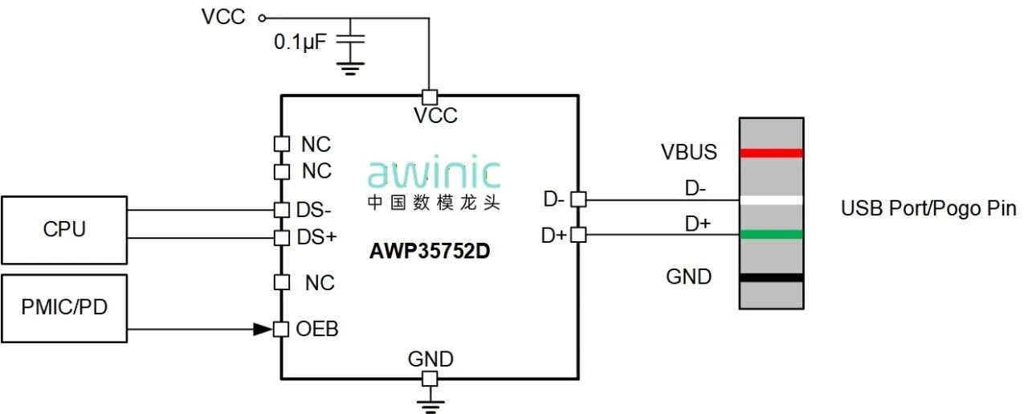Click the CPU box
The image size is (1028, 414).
point(64,230)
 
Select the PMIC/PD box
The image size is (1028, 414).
point(64,309)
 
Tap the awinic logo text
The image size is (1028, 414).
point(434,174)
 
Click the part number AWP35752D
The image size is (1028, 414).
point(430,251)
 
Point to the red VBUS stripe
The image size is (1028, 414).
point(771,153)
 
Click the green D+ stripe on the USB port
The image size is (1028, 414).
point(771,235)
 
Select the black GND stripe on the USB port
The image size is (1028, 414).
point(771,277)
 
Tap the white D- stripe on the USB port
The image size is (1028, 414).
point(771,200)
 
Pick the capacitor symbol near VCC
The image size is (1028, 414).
point(349,40)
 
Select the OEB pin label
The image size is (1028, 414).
point(317,329)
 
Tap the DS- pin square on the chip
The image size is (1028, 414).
point(281,210)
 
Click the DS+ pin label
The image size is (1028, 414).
point(316,237)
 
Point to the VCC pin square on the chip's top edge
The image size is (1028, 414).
point(430,96)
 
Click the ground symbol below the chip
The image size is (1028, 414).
point(430,402)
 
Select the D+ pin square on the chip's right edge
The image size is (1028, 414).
point(578,235)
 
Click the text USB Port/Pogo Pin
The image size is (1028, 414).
point(928,209)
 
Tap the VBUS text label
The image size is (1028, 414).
point(689,152)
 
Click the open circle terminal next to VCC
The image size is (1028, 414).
point(261,16)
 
